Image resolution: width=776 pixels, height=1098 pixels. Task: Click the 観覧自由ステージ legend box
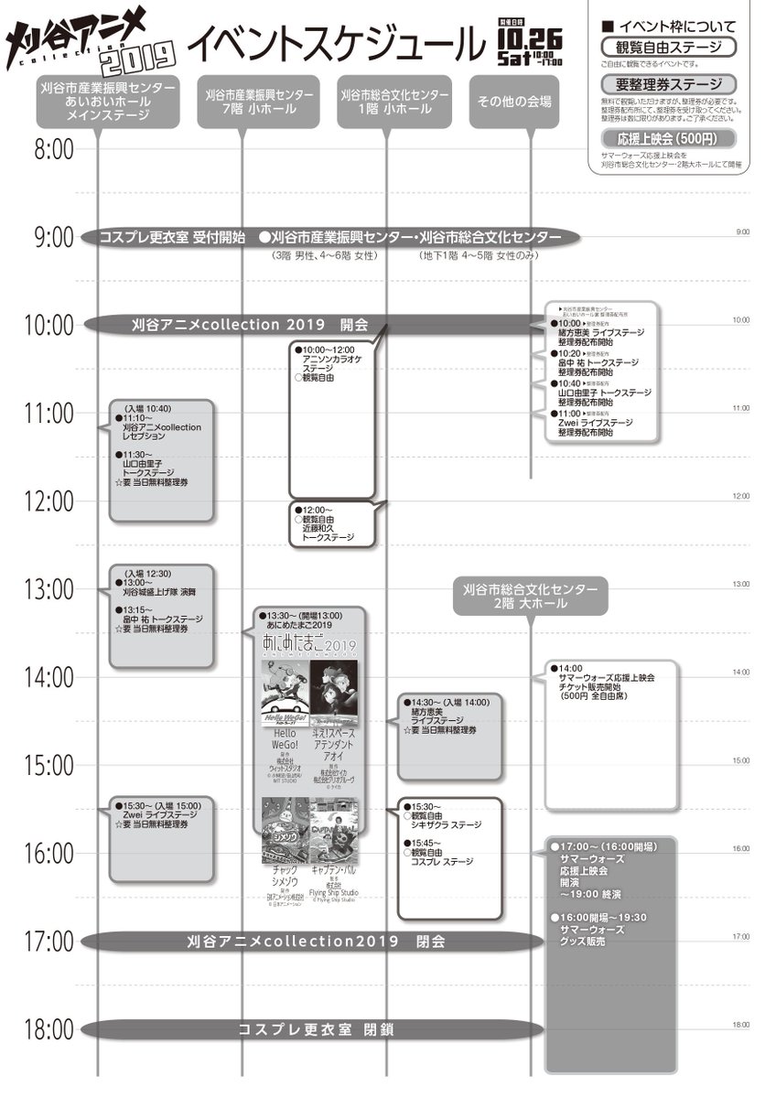669,47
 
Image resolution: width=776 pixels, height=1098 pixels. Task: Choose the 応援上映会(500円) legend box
669,138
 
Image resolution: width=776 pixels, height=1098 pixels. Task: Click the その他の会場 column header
514,102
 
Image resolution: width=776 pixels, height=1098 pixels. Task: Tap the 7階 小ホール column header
259,102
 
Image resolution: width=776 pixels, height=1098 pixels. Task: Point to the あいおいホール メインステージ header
108,102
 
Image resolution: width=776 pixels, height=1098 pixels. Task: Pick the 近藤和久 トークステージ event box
331,525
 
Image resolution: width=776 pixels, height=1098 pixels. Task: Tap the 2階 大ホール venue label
530,595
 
